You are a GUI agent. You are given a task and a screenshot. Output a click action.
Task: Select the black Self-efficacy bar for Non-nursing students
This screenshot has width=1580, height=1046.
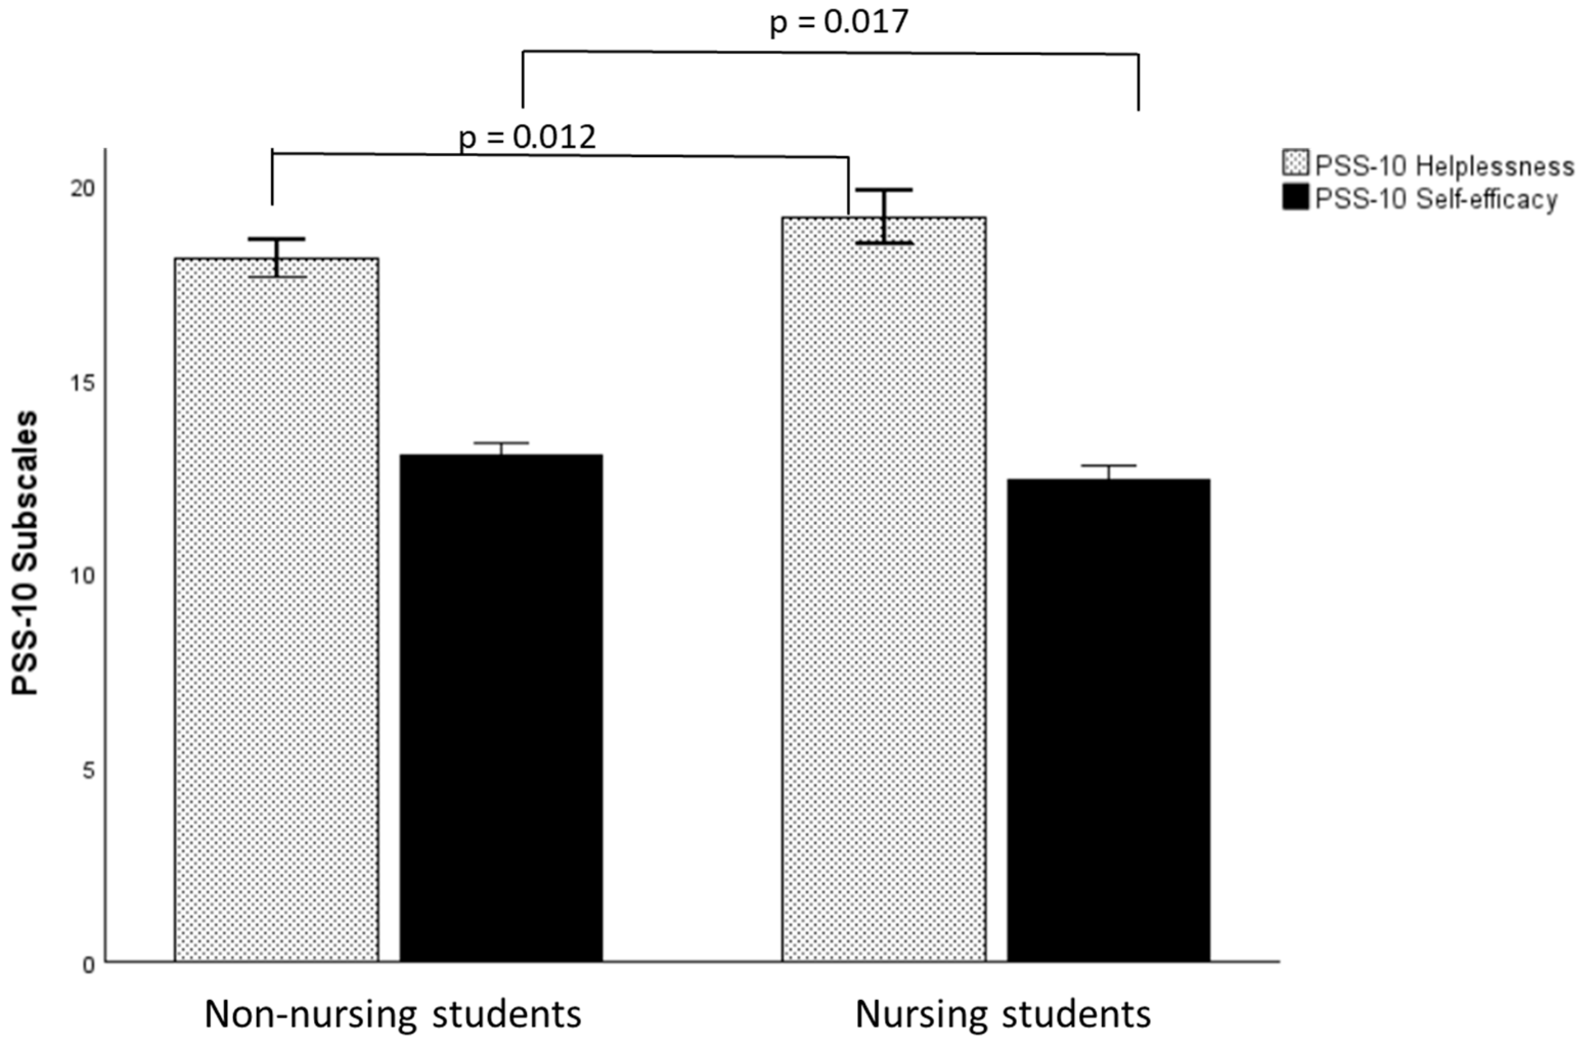point(501,707)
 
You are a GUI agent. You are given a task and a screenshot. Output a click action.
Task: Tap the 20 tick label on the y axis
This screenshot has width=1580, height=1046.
point(83,189)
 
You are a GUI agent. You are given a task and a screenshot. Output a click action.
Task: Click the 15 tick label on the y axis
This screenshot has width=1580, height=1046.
point(83,383)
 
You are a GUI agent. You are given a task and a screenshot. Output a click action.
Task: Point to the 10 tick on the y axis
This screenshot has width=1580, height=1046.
point(83,576)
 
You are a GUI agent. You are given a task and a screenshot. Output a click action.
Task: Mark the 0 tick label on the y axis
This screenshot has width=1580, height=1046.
point(88,965)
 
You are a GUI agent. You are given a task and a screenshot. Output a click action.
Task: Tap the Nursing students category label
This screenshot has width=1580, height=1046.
point(1002,1014)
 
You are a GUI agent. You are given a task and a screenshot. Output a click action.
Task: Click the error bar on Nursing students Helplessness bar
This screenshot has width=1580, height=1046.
point(885,216)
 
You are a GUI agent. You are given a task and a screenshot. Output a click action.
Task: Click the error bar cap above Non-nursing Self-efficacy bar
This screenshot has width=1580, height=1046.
point(501,443)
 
